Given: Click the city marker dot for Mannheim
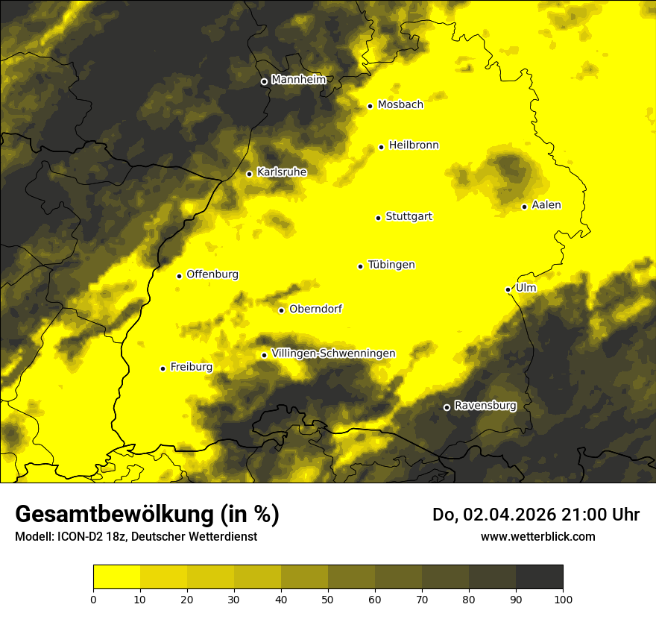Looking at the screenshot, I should pos(264,82).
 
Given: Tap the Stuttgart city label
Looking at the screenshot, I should pos(409,217).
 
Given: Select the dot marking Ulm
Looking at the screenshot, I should pos(508,289).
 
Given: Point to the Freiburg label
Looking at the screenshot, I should pos(191,367).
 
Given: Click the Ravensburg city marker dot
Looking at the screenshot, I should pos(447,407).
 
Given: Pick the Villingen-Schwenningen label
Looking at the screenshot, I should pos(333,354).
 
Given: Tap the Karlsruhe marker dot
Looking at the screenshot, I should pos(249,174).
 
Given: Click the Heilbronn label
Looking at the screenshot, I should pos(414,145).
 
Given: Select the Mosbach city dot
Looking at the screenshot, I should pos(370,106).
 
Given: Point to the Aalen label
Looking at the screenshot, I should pos(546,205).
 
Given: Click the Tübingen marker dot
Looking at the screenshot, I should pos(360,266).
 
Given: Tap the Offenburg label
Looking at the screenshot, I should pos(212,274).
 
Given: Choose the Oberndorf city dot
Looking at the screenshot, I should pos(281,311).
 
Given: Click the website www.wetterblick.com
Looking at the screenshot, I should pos(537,536).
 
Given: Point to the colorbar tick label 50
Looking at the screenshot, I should pos(328,598).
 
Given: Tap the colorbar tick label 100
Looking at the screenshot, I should pos(563,598).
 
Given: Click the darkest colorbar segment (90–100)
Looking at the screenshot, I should pos(539,577).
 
